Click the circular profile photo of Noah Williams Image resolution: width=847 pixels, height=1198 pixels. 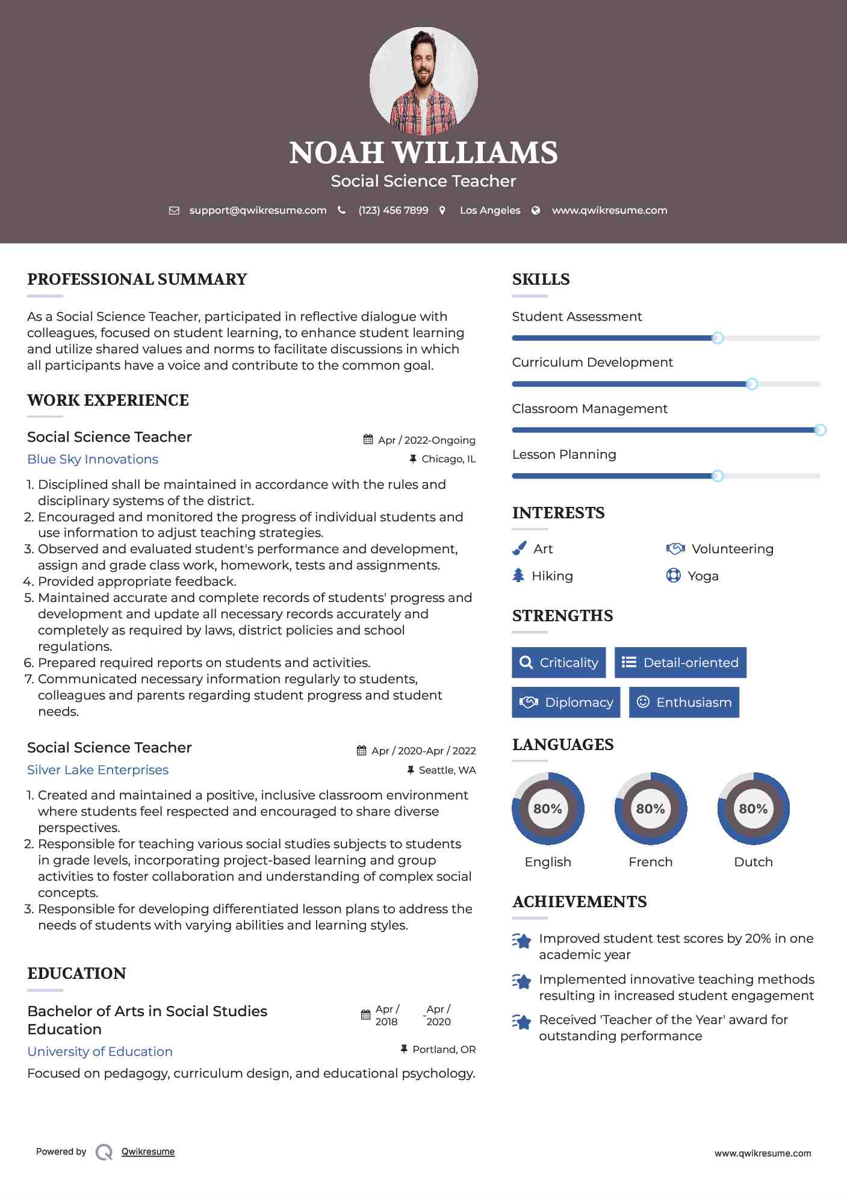(x=423, y=81)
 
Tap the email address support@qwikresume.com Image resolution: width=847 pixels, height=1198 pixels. (x=258, y=210)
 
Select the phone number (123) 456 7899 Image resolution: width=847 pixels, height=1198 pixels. (x=393, y=210)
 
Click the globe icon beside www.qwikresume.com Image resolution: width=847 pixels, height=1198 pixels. (x=536, y=210)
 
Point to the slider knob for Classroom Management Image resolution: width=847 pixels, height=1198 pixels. (x=820, y=430)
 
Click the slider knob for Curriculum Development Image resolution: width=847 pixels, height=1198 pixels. (x=751, y=384)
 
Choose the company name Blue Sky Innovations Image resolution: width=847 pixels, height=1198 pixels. (x=93, y=459)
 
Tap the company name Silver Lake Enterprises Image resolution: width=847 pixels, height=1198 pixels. (x=98, y=770)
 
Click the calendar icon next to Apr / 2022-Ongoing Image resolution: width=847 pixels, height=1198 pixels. (x=368, y=439)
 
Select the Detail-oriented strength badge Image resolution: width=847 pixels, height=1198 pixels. (x=680, y=662)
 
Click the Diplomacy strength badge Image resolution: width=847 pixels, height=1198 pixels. (x=566, y=702)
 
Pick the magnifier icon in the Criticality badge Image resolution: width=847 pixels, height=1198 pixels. (x=526, y=662)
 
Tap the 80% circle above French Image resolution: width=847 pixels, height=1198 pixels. (x=650, y=808)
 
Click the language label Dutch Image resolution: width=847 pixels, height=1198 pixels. (x=753, y=862)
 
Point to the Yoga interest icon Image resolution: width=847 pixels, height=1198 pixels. (x=673, y=576)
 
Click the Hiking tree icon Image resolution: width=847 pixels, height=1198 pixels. (x=518, y=576)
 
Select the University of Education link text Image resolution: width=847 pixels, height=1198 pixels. (x=100, y=1052)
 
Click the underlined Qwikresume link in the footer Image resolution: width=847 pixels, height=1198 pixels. (x=147, y=1152)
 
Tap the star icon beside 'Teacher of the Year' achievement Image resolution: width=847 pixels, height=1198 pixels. (x=521, y=1022)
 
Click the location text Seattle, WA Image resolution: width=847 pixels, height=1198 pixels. (x=447, y=770)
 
